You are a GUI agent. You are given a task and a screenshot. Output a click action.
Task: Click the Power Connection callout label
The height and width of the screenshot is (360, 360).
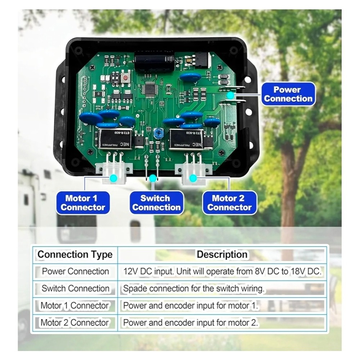click(x=288, y=94)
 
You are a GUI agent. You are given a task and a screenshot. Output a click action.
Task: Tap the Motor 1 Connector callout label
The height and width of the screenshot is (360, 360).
click(x=83, y=203)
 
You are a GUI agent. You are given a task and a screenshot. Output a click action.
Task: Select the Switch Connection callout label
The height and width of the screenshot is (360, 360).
click(x=157, y=203)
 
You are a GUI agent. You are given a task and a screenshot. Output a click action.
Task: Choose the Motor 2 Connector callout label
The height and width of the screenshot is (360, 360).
click(x=229, y=203)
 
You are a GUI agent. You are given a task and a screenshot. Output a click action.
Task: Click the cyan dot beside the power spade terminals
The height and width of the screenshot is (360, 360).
click(x=230, y=95)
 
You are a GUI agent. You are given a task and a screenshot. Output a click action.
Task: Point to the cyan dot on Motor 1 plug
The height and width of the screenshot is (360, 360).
click(x=113, y=178)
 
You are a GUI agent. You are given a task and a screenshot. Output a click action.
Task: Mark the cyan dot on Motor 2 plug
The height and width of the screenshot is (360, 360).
click(x=193, y=178)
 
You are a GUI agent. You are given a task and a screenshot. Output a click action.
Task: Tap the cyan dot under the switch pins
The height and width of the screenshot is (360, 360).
click(x=153, y=178)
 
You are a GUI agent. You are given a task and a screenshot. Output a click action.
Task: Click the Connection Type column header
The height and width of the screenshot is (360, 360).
click(x=75, y=255)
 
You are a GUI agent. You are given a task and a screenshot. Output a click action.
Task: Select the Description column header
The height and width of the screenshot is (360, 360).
click(x=222, y=255)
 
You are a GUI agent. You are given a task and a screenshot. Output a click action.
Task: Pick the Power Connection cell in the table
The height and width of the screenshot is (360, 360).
click(x=75, y=271)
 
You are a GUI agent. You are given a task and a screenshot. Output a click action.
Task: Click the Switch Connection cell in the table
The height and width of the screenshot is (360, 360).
click(x=75, y=288)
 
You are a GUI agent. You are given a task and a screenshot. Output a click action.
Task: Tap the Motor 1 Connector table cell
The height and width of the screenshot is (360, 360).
click(x=75, y=306)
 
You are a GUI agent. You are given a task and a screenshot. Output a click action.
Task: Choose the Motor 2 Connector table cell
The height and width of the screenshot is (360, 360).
click(x=75, y=323)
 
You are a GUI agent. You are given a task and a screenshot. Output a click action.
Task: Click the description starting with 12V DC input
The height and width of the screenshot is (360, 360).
click(x=222, y=271)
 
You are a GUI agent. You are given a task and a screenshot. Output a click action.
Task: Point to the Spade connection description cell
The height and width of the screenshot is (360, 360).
click(x=194, y=289)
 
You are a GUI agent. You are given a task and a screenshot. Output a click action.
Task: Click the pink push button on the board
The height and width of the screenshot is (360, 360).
click(x=125, y=78)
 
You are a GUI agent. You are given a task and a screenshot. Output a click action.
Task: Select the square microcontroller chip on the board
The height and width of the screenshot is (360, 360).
click(x=150, y=89)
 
